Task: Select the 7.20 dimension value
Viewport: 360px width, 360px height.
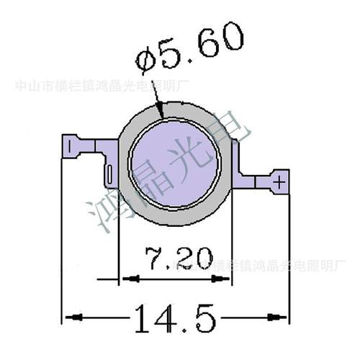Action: tap(177, 258)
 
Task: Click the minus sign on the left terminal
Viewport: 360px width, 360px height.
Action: tap(69, 146)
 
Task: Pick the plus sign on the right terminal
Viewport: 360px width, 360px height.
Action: tap(279, 181)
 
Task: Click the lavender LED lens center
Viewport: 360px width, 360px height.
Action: tap(175, 161)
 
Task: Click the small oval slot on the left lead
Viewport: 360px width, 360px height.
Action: tap(109, 174)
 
